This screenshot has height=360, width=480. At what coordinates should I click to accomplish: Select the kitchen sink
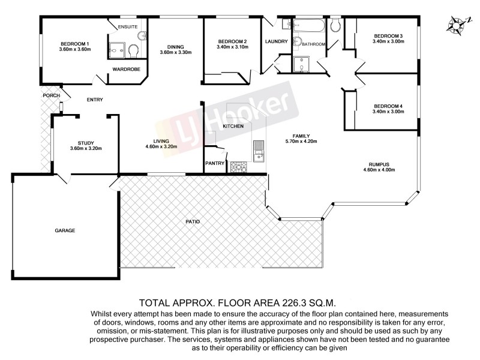pos(258,149)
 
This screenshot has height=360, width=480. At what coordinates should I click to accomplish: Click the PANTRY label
pos(215,163)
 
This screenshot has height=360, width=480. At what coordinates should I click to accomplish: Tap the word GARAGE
pos(65,230)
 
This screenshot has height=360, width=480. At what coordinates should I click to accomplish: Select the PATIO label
pos(193,222)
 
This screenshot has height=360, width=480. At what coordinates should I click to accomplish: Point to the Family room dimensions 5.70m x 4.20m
pos(300,142)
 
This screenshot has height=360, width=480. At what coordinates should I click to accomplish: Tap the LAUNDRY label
pos(276,41)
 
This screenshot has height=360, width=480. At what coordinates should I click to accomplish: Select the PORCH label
pos(50,95)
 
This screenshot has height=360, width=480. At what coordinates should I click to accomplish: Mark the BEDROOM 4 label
pos(387,106)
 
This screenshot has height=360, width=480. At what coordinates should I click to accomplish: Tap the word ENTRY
pos(95,100)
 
